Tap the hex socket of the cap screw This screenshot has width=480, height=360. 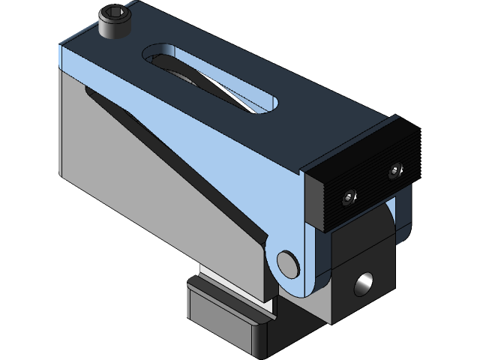[114, 15]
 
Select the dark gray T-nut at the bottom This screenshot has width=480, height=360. [225, 315]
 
